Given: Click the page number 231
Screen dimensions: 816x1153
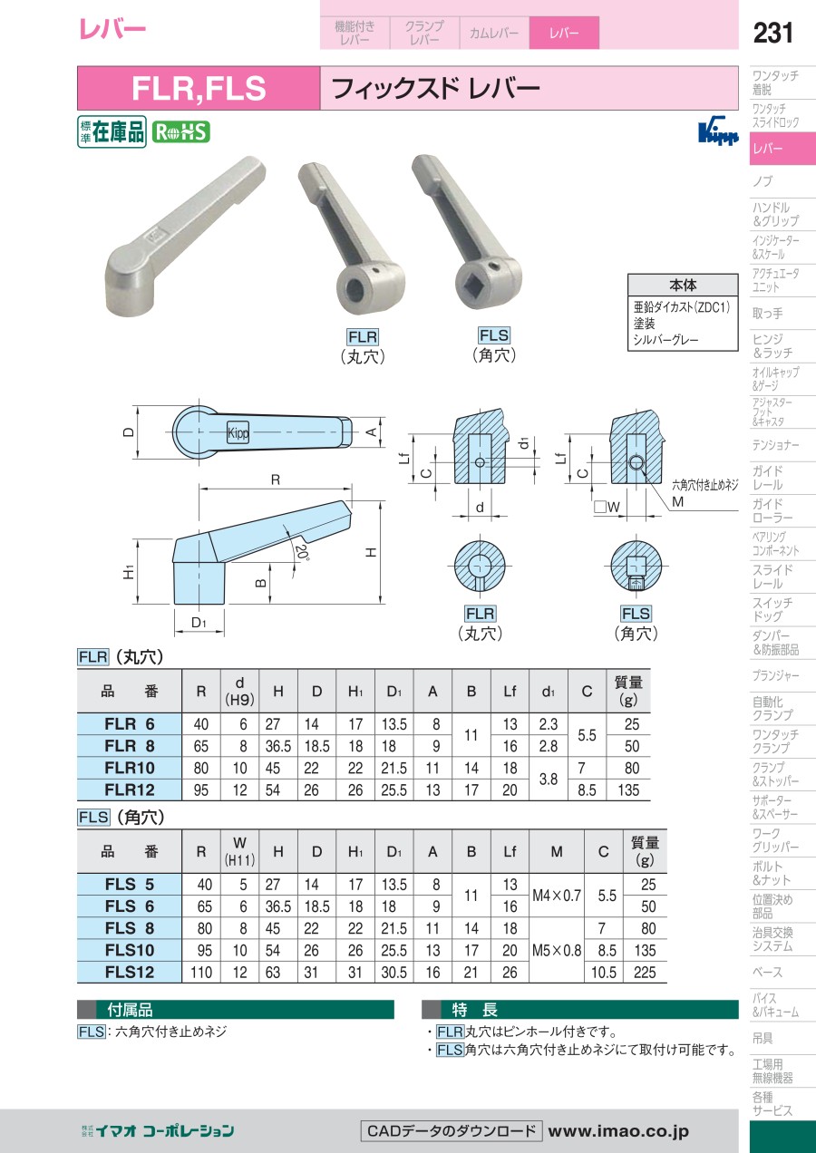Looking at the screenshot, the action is (x=772, y=33).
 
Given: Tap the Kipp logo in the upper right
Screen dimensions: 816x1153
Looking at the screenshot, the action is (x=718, y=133).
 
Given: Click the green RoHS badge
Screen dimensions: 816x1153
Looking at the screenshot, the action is (x=181, y=132).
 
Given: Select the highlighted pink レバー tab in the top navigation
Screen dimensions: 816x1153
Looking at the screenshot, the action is (x=564, y=33).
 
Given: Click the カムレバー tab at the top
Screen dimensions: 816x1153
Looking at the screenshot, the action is (x=494, y=33).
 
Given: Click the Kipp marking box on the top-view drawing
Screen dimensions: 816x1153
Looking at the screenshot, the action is (x=238, y=433).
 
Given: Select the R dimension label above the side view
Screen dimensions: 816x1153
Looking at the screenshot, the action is (x=276, y=480).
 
